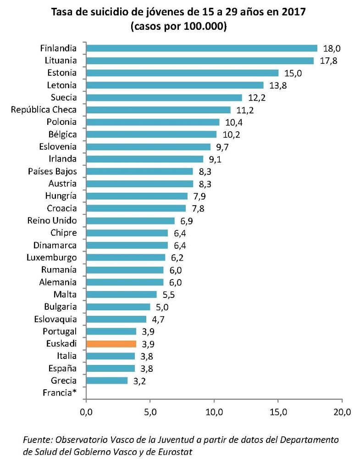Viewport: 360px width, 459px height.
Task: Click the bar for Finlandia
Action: [x=201, y=48]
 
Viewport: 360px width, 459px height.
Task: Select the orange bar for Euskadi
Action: [x=111, y=343]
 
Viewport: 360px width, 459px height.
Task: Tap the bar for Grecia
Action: [x=106, y=380]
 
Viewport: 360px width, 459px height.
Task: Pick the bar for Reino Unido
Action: [x=130, y=220]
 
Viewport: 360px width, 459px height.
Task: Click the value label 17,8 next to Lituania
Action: [x=328, y=61]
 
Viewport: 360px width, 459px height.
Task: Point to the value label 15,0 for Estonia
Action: [x=293, y=73]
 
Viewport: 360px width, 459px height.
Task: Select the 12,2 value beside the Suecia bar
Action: [x=257, y=98]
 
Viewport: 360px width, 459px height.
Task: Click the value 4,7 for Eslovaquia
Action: [x=161, y=319]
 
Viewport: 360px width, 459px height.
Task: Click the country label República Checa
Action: [x=44, y=110]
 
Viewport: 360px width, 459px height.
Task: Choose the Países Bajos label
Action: [x=52, y=171]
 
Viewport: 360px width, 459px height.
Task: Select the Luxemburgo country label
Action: [x=51, y=257]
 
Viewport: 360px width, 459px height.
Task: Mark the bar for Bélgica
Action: [x=151, y=134]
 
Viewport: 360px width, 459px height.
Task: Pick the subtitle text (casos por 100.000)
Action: [x=179, y=27]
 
